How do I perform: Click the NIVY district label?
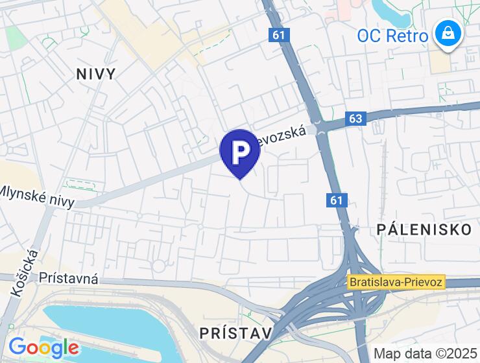(96, 74)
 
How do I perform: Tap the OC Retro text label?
(392, 35)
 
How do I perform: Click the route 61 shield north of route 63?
(278, 36)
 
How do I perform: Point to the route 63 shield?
(356, 119)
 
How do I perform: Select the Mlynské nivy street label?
(37, 196)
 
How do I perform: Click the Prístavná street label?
(69, 279)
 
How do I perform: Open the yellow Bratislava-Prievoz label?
(396, 282)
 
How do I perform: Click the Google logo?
(43, 348)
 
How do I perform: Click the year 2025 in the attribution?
(461, 354)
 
